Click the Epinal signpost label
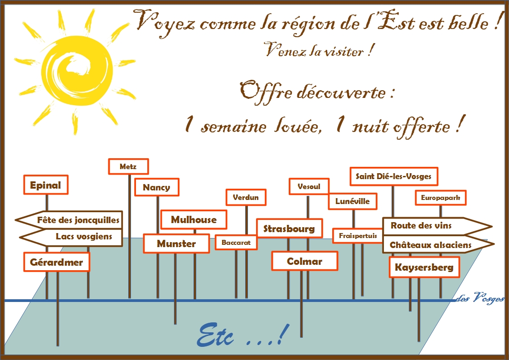46,185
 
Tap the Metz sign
129,166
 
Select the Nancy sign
157,187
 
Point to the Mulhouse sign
194,220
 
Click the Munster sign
177,243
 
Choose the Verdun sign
246,197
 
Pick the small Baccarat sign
236,243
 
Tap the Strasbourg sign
289,229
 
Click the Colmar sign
305,261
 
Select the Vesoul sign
309,186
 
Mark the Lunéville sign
353,201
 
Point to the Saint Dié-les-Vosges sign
394,176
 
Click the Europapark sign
441,198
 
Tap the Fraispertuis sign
358,236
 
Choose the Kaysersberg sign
424,268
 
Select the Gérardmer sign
57,262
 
